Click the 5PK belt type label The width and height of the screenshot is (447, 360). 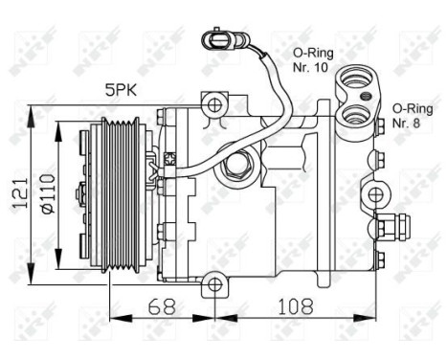[123, 91]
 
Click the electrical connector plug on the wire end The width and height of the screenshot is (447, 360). [215, 41]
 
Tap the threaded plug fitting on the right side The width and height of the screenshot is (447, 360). [388, 228]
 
